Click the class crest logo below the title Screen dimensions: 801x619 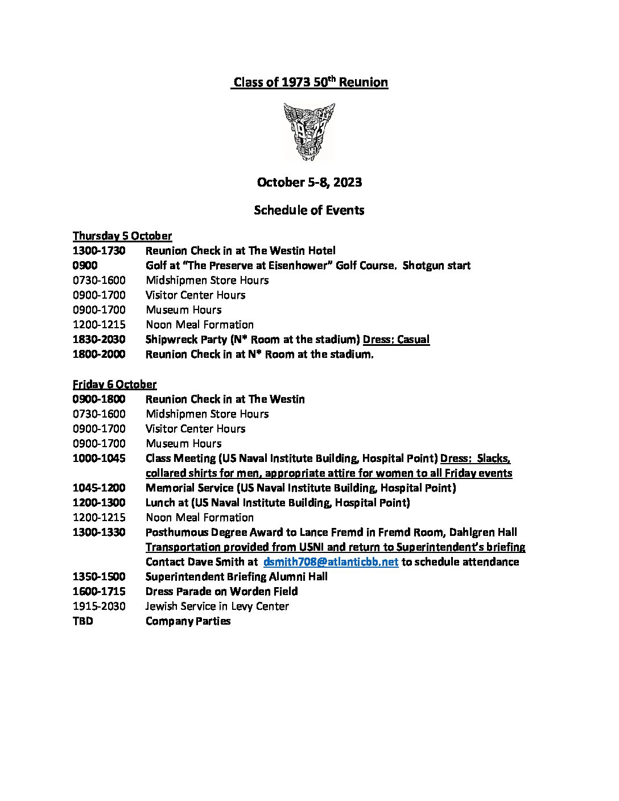[x=309, y=131]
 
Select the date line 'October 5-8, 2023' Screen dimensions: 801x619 [x=309, y=182]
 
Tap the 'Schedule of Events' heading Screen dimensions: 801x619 [x=309, y=210]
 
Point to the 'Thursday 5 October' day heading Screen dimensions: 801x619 [x=122, y=236]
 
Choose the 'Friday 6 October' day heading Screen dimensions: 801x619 [x=114, y=384]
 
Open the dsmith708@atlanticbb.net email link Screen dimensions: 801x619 [x=331, y=562]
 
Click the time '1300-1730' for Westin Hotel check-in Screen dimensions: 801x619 [x=99, y=250]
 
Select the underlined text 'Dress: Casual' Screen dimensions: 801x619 [x=396, y=340]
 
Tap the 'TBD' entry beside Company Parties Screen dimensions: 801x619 [x=83, y=621]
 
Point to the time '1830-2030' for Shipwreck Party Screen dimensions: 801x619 [x=99, y=340]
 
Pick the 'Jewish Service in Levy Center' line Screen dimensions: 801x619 [x=217, y=606]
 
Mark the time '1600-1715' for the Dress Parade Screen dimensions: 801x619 [x=99, y=592]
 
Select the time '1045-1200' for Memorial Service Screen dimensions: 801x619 [x=99, y=488]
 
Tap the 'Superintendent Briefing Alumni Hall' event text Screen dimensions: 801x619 [x=237, y=577]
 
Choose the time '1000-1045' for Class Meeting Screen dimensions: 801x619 [x=99, y=459]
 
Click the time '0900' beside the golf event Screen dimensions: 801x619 [x=85, y=266]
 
